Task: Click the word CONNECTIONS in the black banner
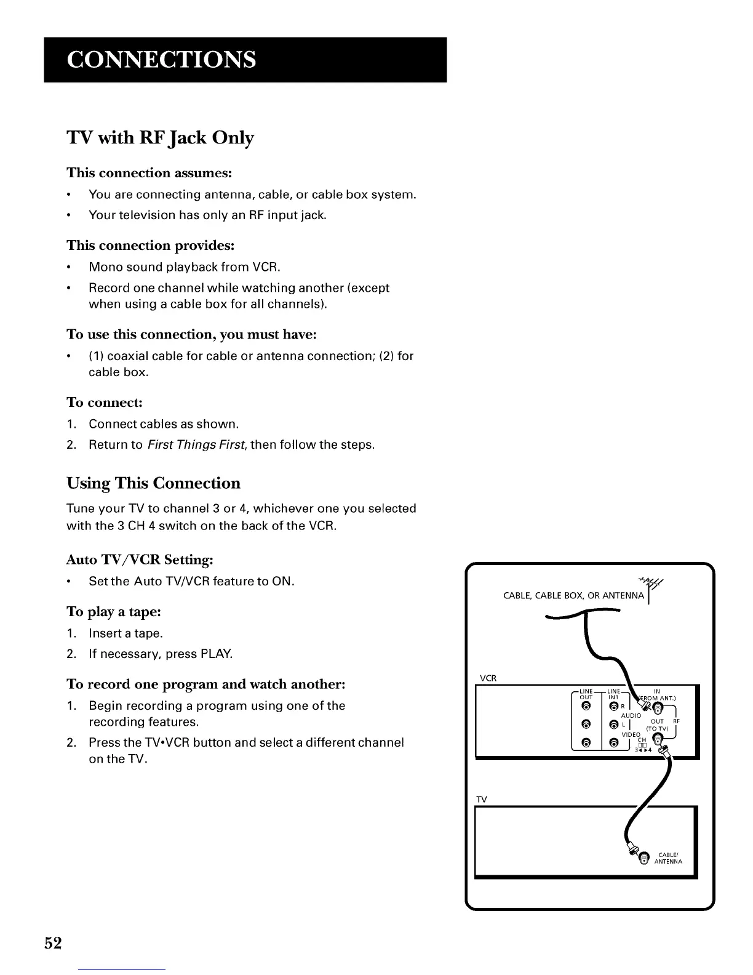coord(161,60)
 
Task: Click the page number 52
coord(53,942)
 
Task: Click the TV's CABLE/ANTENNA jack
coord(643,857)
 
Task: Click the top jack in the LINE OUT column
coord(586,705)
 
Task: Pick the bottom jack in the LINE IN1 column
coord(613,743)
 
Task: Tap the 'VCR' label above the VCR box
coord(488,678)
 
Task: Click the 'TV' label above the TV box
coord(481,800)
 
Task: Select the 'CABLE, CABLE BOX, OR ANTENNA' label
coord(573,595)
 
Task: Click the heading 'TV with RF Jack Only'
coord(160,138)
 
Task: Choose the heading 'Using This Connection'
coord(153,483)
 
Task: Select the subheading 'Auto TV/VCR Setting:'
coord(140,560)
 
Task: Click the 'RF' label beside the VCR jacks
coord(675,721)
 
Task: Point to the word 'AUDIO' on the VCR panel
coord(631,716)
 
